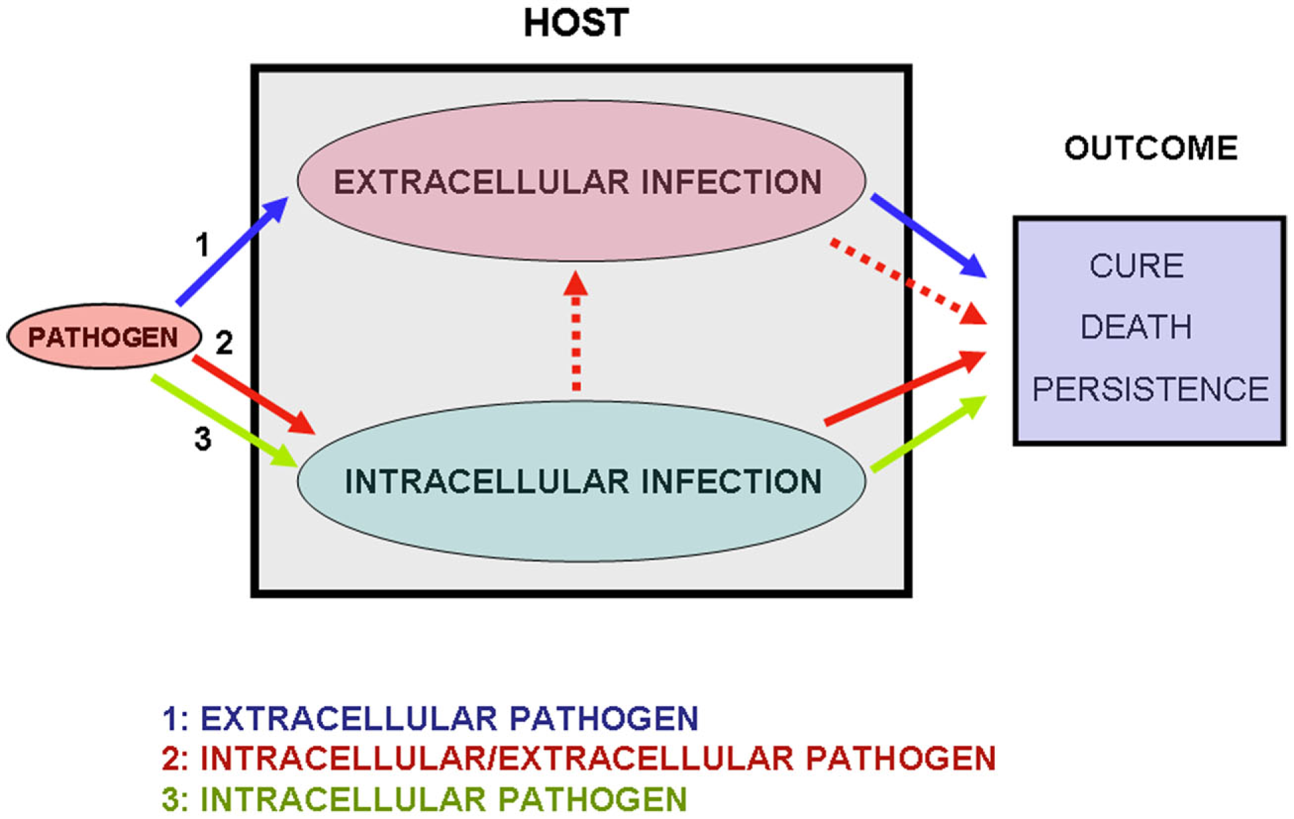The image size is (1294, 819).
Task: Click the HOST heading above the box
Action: (x=576, y=24)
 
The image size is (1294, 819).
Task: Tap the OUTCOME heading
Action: (x=1151, y=148)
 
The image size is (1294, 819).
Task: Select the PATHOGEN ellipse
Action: (x=103, y=337)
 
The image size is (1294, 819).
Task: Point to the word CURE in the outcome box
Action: (x=1136, y=266)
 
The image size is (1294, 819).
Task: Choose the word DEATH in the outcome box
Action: (x=1136, y=327)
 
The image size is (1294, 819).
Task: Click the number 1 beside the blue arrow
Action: (x=202, y=246)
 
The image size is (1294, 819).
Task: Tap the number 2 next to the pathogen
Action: (x=224, y=343)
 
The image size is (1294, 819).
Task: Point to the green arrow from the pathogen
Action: (x=224, y=422)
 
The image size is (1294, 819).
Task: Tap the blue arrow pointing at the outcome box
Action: (x=928, y=236)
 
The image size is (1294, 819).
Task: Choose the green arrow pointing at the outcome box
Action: (x=928, y=434)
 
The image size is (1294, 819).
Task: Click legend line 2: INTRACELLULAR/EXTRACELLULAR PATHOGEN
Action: (x=578, y=759)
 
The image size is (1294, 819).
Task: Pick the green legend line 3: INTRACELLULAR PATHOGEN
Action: (x=425, y=799)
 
